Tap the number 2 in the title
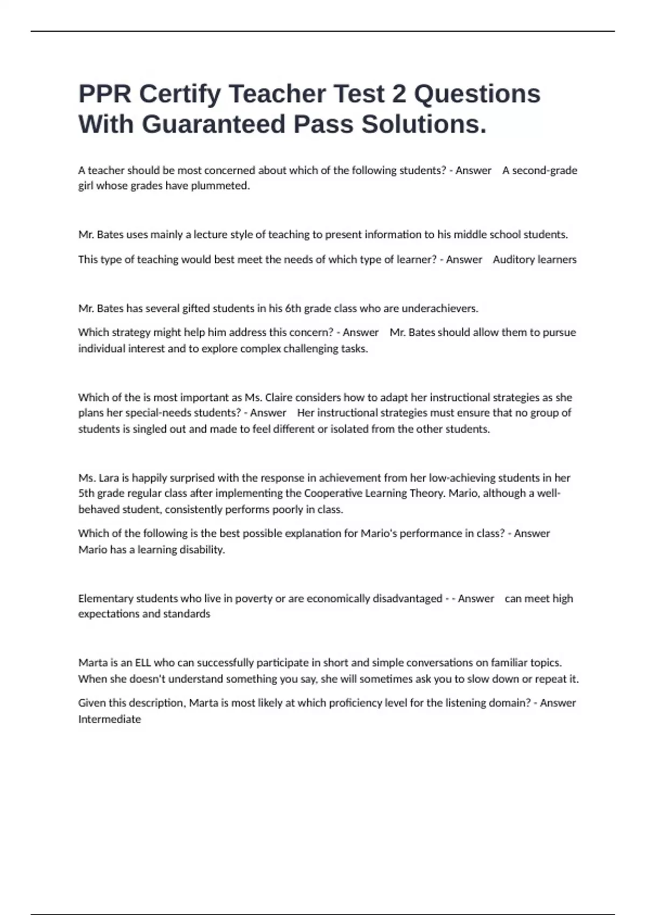pyautogui.click(x=399, y=94)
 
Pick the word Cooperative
pyautogui.click(x=334, y=493)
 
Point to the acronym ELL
pyautogui.click(x=143, y=663)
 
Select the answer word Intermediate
pyautogui.click(x=109, y=719)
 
